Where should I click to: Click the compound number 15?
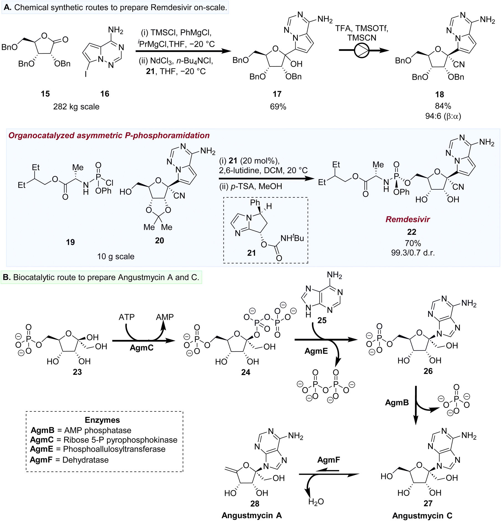click(x=45, y=94)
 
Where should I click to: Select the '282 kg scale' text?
click(x=76, y=107)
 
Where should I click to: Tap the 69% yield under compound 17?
click(x=278, y=107)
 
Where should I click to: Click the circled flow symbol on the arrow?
click(x=362, y=50)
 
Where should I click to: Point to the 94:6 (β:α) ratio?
click(x=443, y=116)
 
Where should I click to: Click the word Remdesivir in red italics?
click(x=408, y=219)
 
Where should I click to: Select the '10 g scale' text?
click(x=116, y=256)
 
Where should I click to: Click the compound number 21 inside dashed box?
click(x=251, y=253)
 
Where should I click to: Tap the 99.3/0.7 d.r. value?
click(x=413, y=252)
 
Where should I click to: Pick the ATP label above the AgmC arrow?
click(x=127, y=317)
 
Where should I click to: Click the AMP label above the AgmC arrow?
click(x=165, y=317)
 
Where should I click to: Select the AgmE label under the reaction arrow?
click(x=316, y=351)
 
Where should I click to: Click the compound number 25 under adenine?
click(x=322, y=320)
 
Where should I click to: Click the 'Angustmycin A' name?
click(x=252, y=515)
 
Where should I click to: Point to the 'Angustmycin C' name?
click(x=422, y=516)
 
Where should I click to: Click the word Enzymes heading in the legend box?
click(x=102, y=420)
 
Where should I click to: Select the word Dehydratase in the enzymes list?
click(x=85, y=460)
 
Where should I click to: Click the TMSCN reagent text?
click(x=362, y=38)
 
